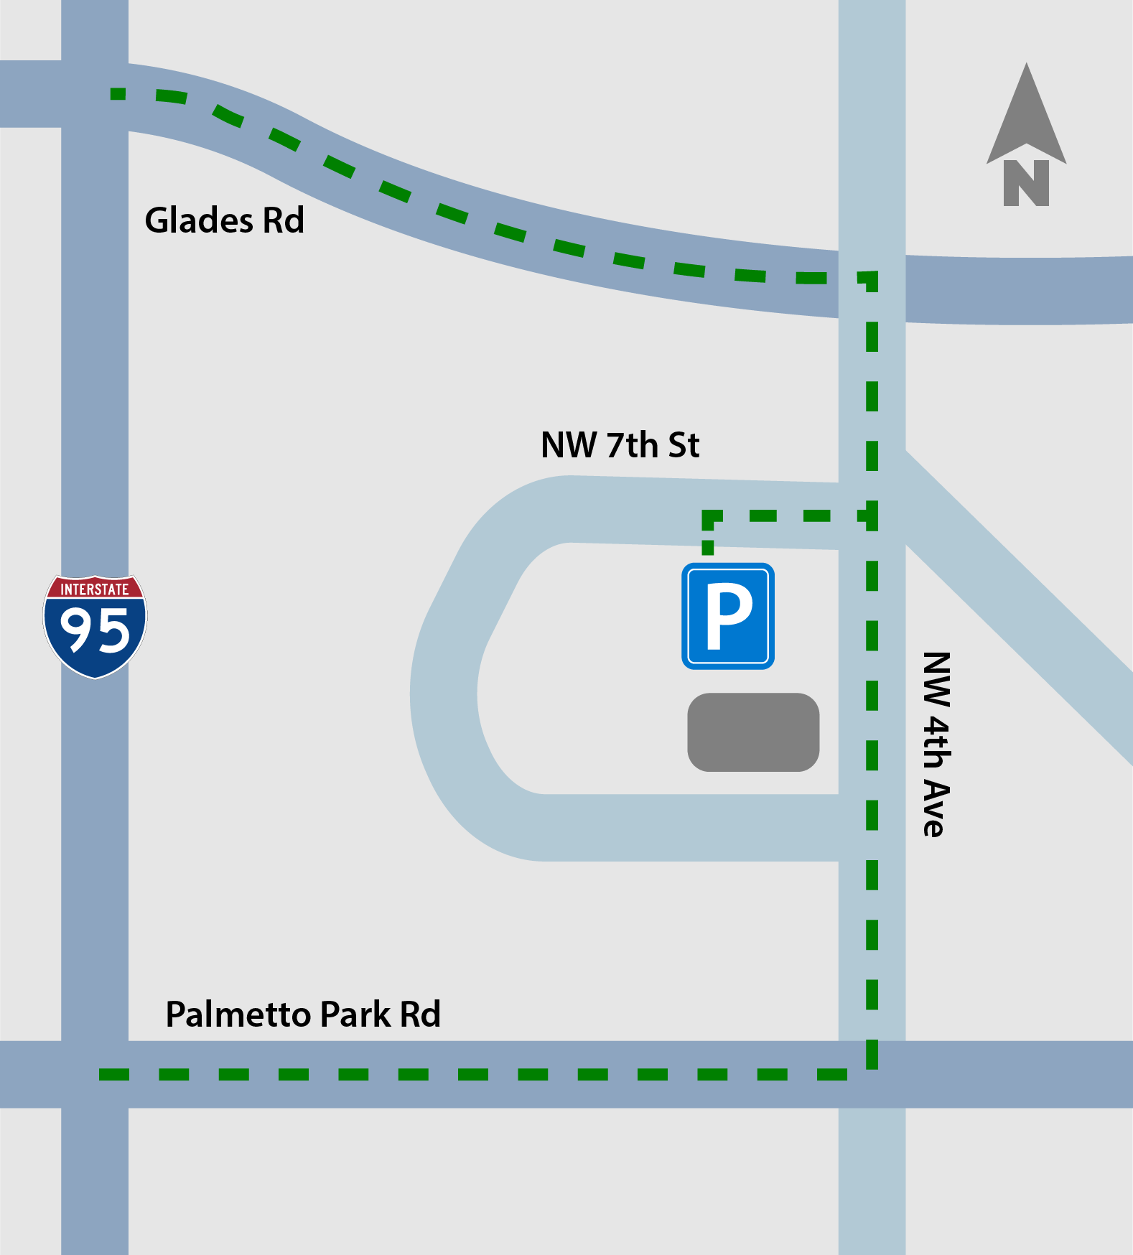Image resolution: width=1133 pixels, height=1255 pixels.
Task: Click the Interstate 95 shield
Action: tap(95, 626)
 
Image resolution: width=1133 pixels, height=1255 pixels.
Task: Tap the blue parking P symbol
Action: tap(728, 616)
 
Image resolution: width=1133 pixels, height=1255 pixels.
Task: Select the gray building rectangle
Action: tap(753, 732)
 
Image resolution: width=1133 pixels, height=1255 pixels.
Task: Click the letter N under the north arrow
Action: tap(1026, 183)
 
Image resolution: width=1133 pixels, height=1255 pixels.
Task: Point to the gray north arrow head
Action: tap(1026, 115)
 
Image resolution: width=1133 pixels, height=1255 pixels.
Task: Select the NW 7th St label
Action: tap(620, 445)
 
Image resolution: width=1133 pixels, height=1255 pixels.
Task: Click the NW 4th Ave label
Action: tap(936, 744)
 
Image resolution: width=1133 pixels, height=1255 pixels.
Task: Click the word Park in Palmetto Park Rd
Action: tap(355, 1014)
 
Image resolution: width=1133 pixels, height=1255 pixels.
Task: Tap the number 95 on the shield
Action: tap(95, 630)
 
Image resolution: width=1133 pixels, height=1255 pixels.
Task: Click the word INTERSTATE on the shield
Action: tap(95, 589)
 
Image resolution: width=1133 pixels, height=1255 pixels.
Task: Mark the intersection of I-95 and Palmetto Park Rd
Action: tap(95, 1074)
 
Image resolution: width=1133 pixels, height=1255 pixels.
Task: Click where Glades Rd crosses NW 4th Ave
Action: tap(872, 286)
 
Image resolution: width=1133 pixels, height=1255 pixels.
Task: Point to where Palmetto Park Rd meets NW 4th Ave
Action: tap(872, 1074)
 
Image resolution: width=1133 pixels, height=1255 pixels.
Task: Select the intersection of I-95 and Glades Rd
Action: tap(95, 94)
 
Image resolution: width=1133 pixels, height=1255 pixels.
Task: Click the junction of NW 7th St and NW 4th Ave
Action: tap(872, 515)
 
